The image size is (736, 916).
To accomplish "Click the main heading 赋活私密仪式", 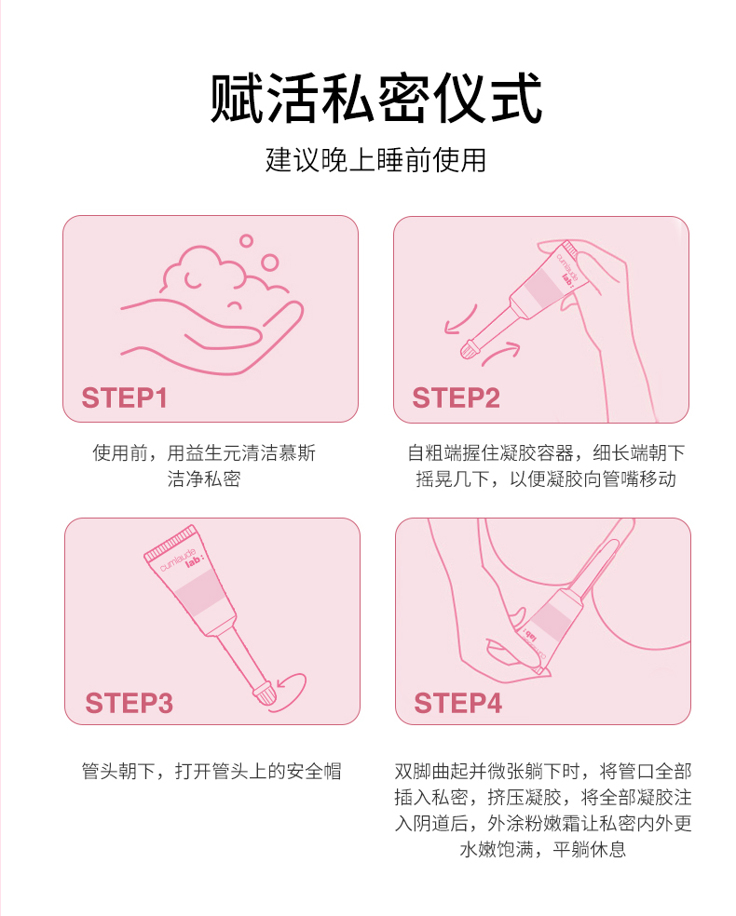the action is (x=375, y=98).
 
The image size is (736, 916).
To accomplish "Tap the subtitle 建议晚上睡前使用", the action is (x=375, y=160).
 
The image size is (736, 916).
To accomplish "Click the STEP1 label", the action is (x=125, y=397).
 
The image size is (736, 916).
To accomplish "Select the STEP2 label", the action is (x=456, y=397).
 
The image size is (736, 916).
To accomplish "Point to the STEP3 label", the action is (x=129, y=703).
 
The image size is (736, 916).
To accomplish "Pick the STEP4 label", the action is (x=457, y=703).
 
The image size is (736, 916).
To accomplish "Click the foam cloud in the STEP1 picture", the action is (x=219, y=270).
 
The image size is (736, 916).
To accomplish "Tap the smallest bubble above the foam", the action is (x=246, y=241).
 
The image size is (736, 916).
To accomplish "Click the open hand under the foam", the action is (x=212, y=336).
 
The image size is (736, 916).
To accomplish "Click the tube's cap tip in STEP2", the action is (x=470, y=349).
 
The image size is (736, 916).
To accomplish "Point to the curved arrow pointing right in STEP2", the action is (x=501, y=353).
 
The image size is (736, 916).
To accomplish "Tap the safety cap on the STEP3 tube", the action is (x=264, y=693).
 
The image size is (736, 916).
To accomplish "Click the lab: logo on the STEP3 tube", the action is (x=194, y=560).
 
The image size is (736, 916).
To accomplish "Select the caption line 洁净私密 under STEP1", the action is (x=204, y=479).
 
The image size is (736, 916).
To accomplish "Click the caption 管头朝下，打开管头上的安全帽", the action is (x=211, y=771).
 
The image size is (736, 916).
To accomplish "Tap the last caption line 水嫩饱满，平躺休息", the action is (x=543, y=849).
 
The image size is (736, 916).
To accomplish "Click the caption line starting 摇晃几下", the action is (x=546, y=479).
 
